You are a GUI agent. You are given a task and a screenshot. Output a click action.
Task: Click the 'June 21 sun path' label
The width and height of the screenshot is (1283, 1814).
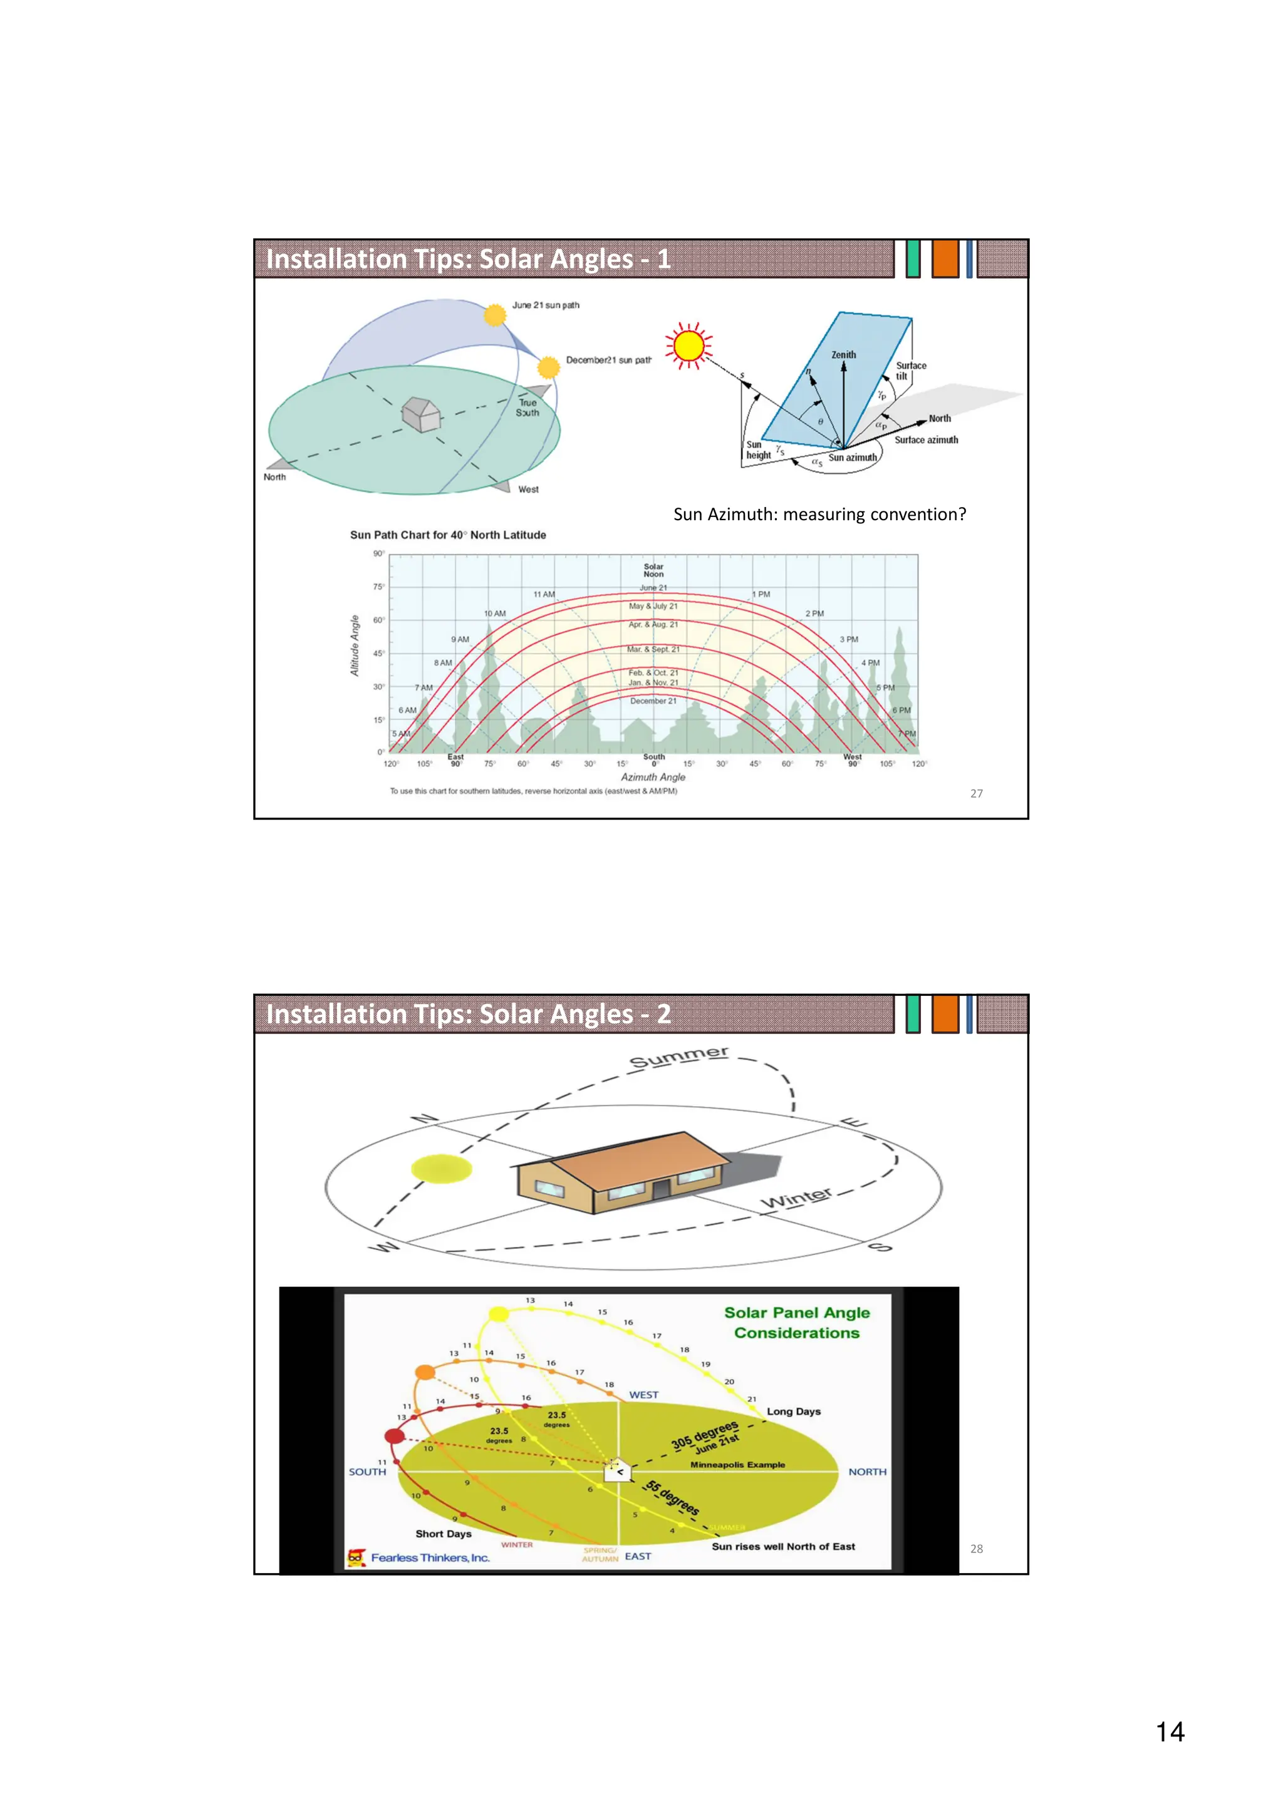click(x=546, y=305)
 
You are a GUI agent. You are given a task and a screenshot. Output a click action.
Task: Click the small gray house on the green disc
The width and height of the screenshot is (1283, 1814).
click(x=420, y=413)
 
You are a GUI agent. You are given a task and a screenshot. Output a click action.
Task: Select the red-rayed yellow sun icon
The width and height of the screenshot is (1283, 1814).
click(x=688, y=346)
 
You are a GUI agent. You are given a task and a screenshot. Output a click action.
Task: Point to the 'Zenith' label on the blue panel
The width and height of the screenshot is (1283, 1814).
click(x=843, y=355)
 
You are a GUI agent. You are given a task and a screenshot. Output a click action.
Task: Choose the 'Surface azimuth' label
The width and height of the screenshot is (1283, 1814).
click(x=926, y=440)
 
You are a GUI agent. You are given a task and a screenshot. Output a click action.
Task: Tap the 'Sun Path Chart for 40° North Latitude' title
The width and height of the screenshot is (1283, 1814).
click(x=447, y=535)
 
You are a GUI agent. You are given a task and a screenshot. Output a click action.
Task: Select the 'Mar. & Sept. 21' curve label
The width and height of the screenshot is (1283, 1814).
click(x=653, y=650)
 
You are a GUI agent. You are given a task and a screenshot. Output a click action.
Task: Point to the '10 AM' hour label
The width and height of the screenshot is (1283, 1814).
click(x=494, y=613)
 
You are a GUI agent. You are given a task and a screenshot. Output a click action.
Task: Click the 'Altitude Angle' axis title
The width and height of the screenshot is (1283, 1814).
click(x=355, y=645)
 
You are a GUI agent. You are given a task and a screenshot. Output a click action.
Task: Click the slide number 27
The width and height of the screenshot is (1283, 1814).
click(x=976, y=793)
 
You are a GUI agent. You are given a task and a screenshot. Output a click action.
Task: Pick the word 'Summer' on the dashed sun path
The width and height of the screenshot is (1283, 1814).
click(x=678, y=1057)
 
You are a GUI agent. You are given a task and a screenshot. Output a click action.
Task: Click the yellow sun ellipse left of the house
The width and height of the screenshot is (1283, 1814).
click(x=441, y=1169)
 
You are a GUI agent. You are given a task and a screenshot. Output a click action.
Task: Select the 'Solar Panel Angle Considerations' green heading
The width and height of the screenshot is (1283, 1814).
click(x=797, y=1323)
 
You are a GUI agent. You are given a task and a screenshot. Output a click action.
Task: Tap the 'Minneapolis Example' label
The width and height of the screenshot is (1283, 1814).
click(x=737, y=1465)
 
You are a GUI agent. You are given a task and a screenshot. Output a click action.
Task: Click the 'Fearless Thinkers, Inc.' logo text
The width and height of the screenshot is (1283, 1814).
click(x=430, y=1558)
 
